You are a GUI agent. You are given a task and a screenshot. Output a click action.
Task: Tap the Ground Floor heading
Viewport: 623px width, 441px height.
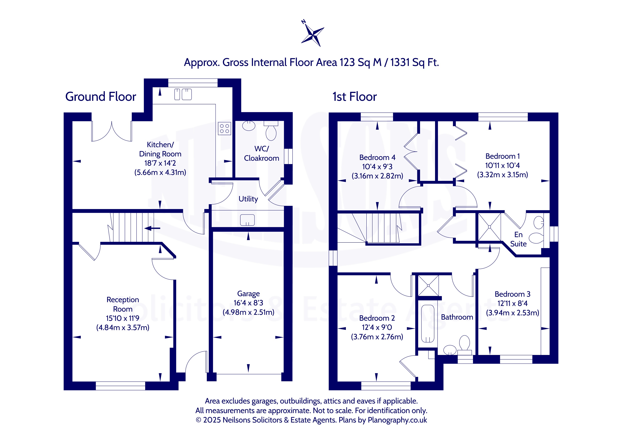pyautogui.click(x=101, y=97)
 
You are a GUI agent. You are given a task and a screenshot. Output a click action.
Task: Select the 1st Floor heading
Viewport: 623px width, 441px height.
pyautogui.click(x=355, y=97)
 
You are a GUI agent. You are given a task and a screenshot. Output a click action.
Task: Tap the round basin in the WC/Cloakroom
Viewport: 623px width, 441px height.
pyautogui.click(x=249, y=126)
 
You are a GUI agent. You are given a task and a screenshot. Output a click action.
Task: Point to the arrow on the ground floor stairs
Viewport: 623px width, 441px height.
pyautogui.click(x=152, y=228)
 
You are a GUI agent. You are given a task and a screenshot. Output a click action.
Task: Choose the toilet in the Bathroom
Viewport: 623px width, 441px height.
pyautogui.click(x=465, y=345)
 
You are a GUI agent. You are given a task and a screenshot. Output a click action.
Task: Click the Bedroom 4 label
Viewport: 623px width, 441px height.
pyautogui.click(x=377, y=157)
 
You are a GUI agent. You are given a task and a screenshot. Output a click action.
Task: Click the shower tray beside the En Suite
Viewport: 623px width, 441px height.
pyautogui.click(x=490, y=227)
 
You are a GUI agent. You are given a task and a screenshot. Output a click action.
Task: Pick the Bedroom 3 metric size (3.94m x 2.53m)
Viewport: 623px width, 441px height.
pyautogui.click(x=512, y=313)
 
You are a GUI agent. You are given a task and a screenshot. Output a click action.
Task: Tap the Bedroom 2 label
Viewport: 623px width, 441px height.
pyautogui.click(x=377, y=318)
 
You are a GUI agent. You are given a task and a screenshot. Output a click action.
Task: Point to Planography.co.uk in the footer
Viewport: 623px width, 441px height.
pyautogui.click(x=397, y=420)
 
